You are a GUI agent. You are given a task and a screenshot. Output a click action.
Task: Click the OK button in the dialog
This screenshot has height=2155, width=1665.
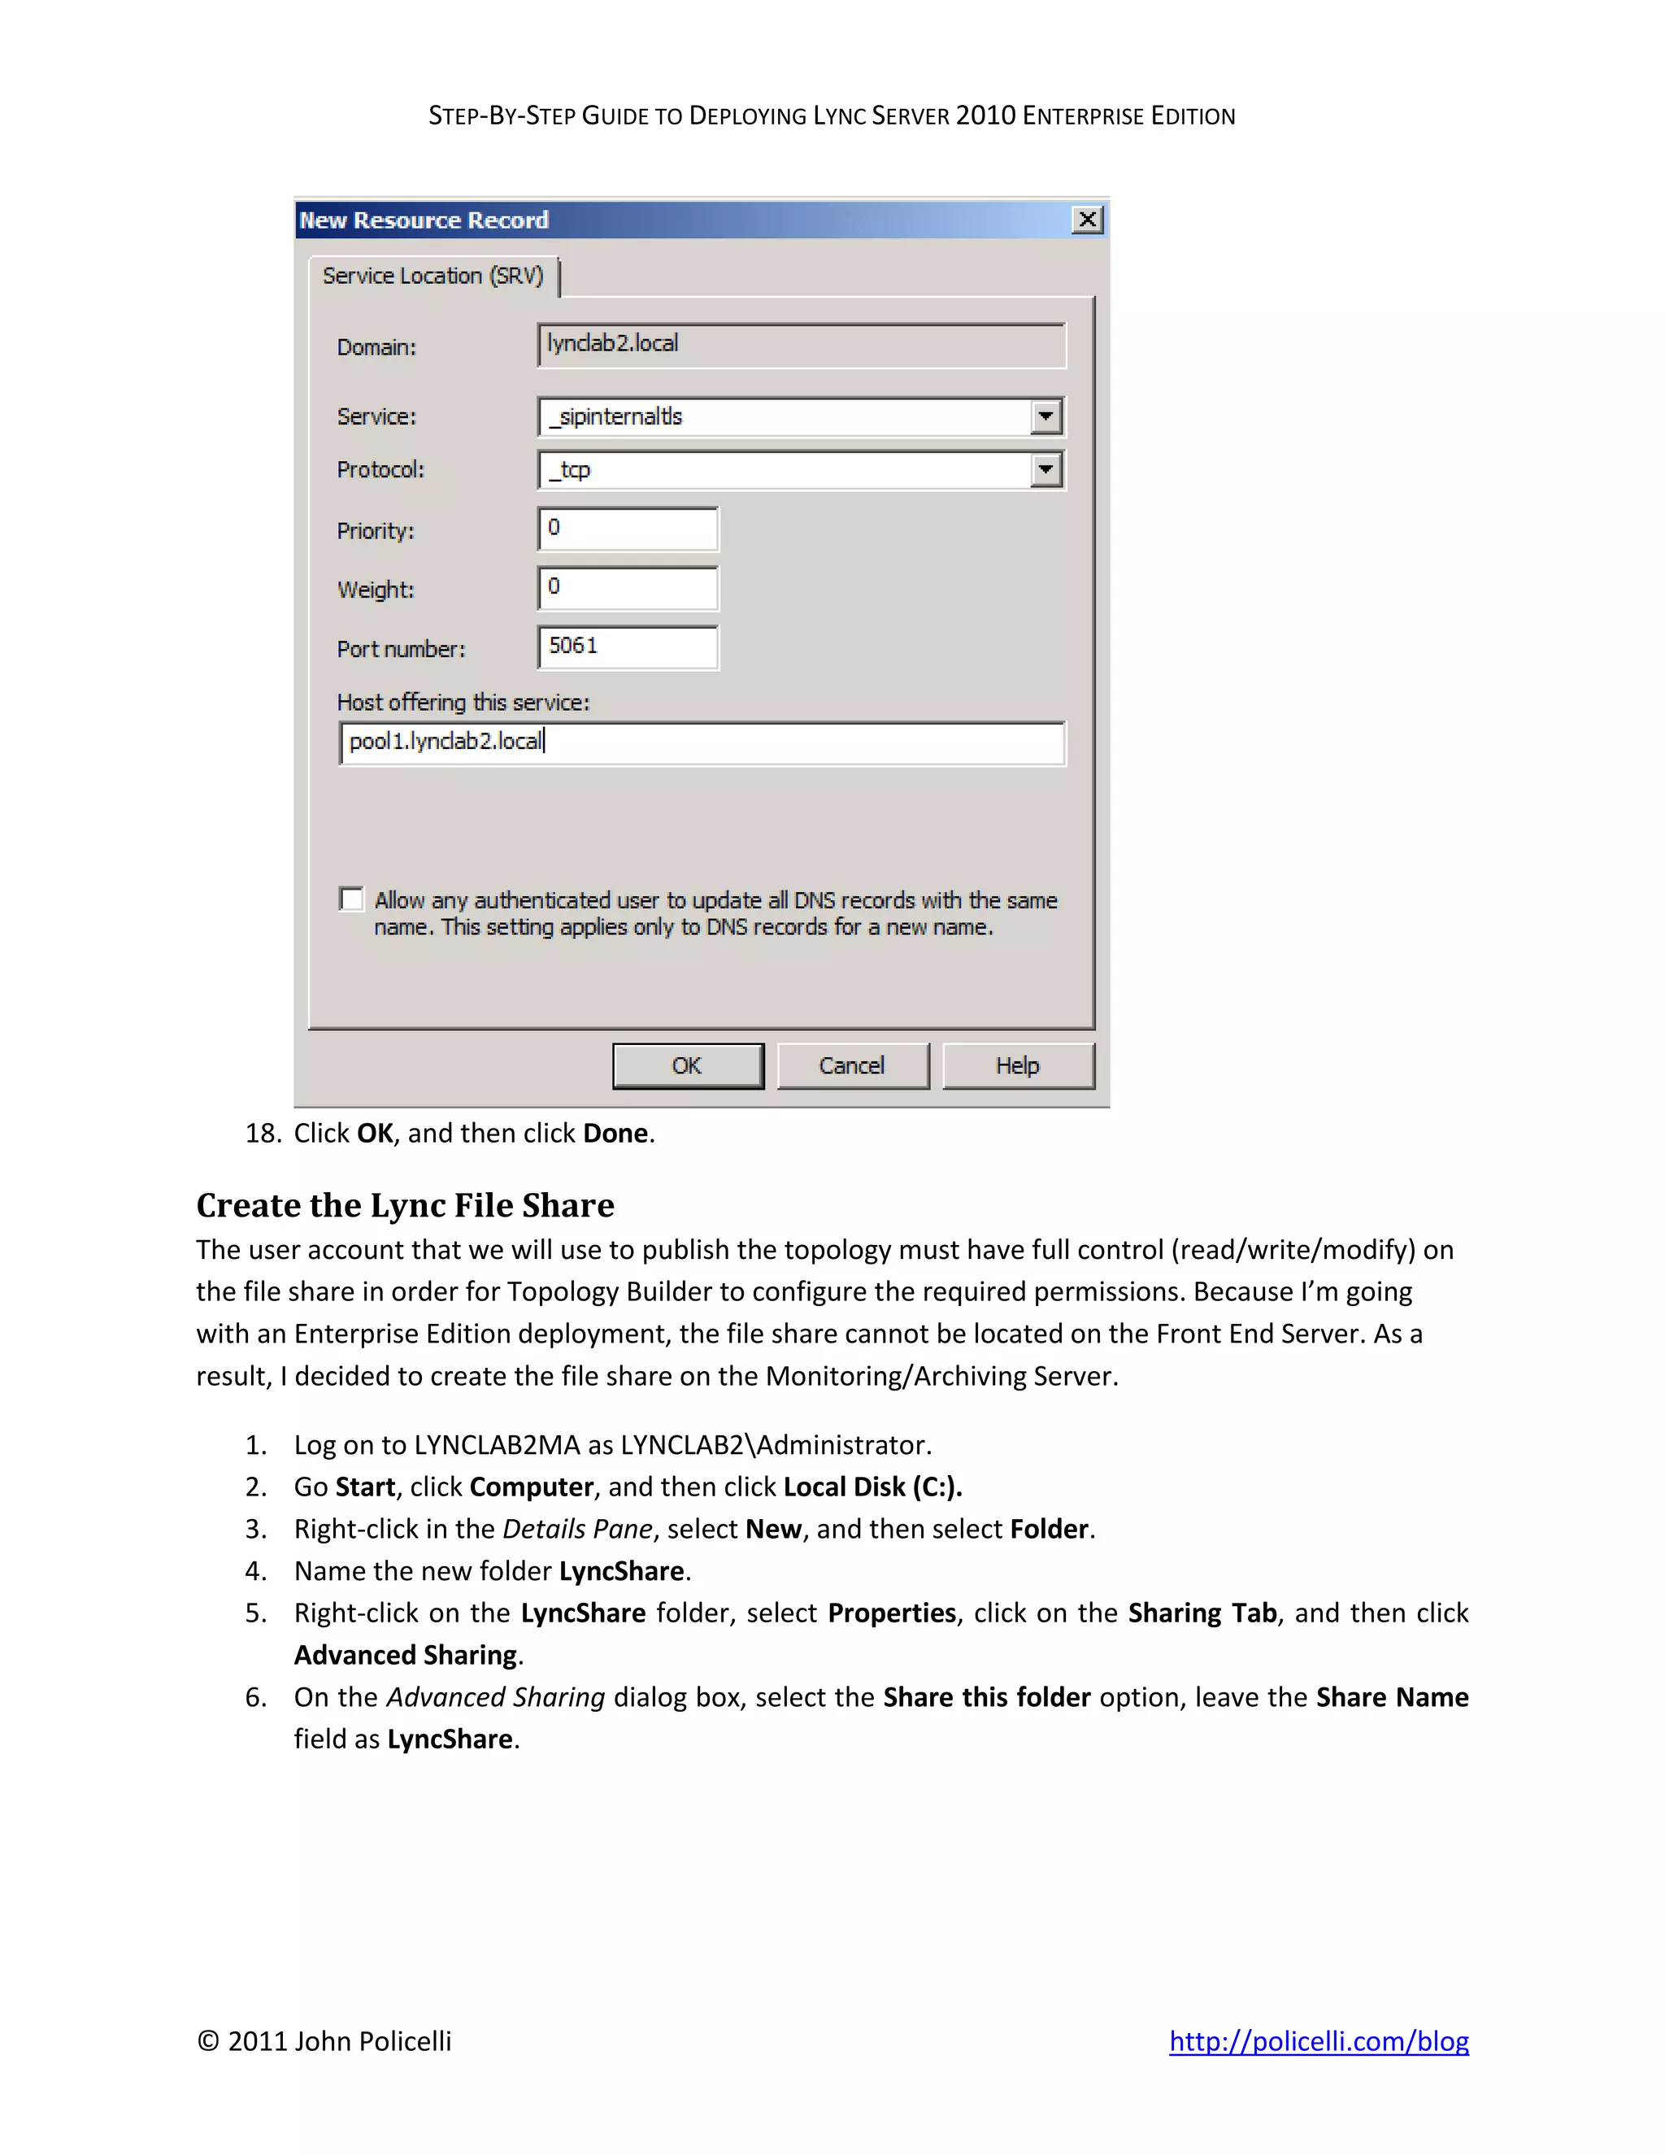coord(688,1065)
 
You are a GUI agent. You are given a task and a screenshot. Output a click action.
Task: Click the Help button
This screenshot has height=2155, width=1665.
coord(1018,1065)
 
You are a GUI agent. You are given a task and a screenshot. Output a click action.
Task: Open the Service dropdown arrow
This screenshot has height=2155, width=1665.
coord(1046,416)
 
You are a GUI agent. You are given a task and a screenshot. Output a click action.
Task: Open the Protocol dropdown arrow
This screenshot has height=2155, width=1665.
coord(1046,470)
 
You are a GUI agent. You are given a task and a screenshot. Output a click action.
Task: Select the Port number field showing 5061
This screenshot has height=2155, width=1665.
coord(628,647)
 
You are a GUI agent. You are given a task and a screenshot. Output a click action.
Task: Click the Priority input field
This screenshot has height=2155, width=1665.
coord(628,529)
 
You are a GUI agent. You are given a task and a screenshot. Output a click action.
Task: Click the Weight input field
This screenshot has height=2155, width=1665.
coord(628,588)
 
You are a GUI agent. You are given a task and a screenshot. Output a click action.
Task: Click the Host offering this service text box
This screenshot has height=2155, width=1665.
coord(702,742)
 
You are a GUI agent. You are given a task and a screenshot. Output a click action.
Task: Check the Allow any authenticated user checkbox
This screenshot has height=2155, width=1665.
coord(351,899)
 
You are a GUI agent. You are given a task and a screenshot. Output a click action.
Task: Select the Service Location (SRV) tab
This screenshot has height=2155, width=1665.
coord(433,276)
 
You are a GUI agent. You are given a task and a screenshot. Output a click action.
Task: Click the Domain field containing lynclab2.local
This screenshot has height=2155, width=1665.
coord(801,344)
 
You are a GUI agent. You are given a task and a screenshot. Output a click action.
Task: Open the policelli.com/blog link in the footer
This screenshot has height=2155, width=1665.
coord(1319,2040)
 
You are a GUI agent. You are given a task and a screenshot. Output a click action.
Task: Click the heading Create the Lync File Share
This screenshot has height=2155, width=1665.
coord(406,1205)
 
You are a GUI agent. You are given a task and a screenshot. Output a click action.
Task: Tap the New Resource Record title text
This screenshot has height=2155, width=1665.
coord(424,220)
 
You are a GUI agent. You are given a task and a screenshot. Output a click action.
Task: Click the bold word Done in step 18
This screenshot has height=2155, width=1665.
coord(615,1133)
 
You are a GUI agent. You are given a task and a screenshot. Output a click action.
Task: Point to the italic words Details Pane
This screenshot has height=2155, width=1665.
coord(578,1529)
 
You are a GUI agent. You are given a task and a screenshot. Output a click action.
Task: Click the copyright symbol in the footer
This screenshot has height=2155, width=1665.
coord(208,2040)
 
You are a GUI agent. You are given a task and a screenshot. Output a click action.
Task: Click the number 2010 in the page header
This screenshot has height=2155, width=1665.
coord(985,115)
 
